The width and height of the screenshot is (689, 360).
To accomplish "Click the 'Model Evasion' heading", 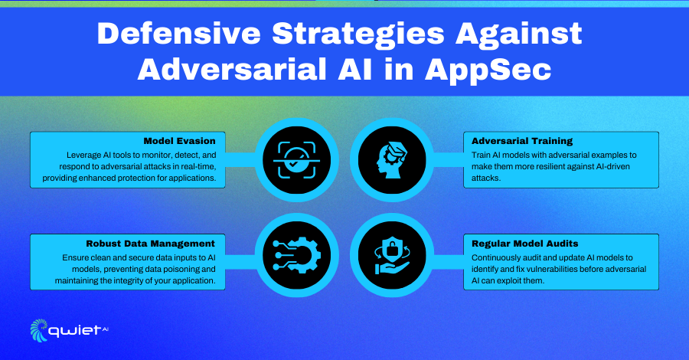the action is pyautogui.click(x=179, y=141).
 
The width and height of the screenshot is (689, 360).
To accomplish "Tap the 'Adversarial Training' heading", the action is pyautogui.click(x=522, y=141).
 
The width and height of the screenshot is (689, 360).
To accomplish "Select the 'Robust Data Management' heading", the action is pyautogui.click(x=150, y=244).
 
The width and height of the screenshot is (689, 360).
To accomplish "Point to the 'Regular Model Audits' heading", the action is pyautogui.click(x=524, y=244).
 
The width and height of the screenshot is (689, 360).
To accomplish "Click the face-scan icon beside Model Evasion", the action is pyautogui.click(x=297, y=160).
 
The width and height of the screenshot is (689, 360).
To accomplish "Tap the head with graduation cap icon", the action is pyautogui.click(x=391, y=160).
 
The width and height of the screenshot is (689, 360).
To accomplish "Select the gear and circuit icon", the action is pyautogui.click(x=297, y=255).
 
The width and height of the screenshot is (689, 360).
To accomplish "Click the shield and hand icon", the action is pyautogui.click(x=391, y=256).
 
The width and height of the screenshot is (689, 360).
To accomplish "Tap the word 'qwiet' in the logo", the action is pyautogui.click(x=75, y=331).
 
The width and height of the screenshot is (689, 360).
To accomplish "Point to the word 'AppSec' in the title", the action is pyautogui.click(x=488, y=70).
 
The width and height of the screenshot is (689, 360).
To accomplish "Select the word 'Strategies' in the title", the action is pyautogui.click(x=358, y=34).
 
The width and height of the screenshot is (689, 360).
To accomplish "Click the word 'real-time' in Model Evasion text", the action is pyautogui.click(x=198, y=166).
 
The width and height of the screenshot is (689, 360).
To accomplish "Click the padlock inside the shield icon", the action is pyautogui.click(x=390, y=250).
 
